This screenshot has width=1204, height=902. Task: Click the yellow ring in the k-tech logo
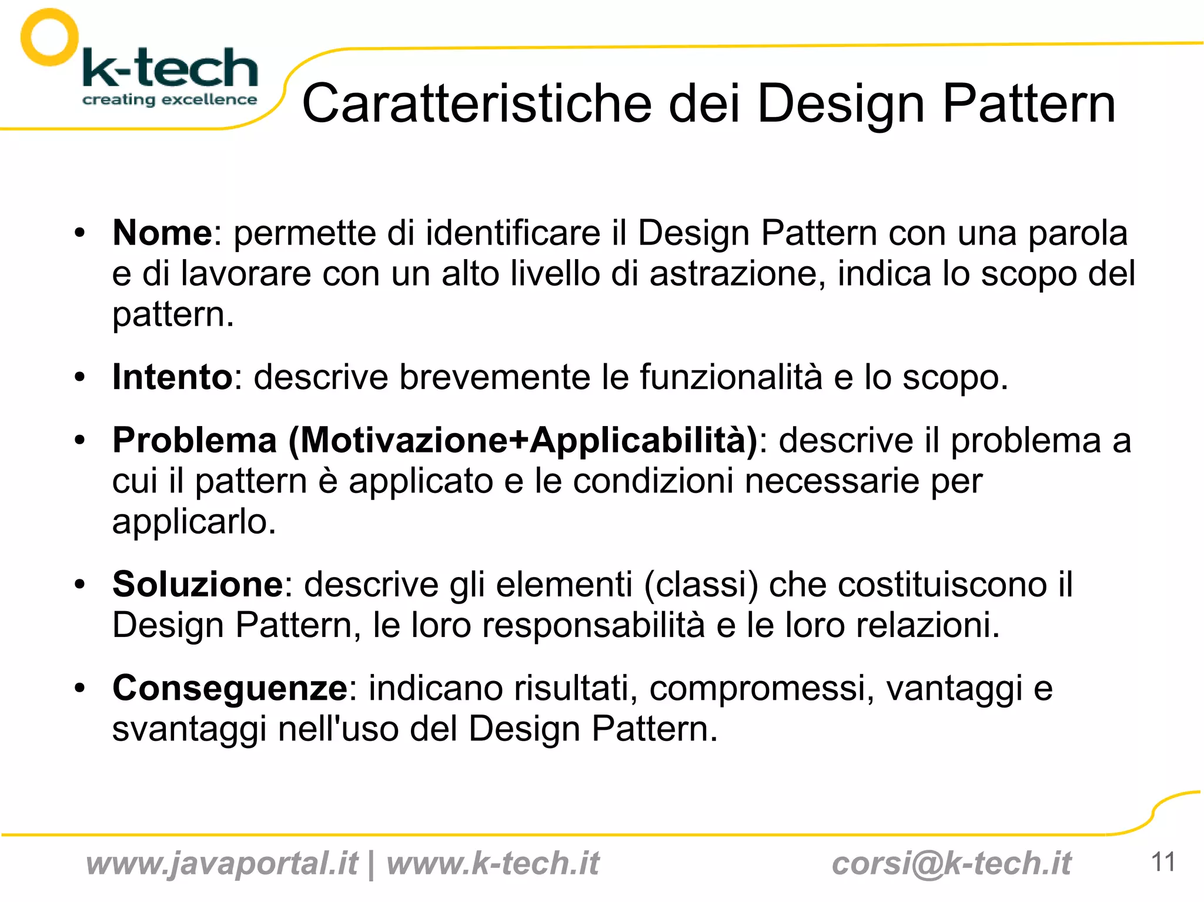coord(49,37)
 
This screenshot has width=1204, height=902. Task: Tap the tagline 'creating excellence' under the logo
coord(169,99)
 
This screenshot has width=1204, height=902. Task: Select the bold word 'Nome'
coord(162,233)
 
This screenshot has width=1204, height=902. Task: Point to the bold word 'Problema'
coord(195,440)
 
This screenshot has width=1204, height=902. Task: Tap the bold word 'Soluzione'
coord(198,584)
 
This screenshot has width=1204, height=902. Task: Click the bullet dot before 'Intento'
coord(80,377)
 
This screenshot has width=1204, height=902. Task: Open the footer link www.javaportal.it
coord(222,863)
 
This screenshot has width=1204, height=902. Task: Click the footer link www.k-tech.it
coord(493,863)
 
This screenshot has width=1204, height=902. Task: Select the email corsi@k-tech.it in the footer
coord(951,863)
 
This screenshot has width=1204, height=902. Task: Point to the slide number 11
coord(1163,862)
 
